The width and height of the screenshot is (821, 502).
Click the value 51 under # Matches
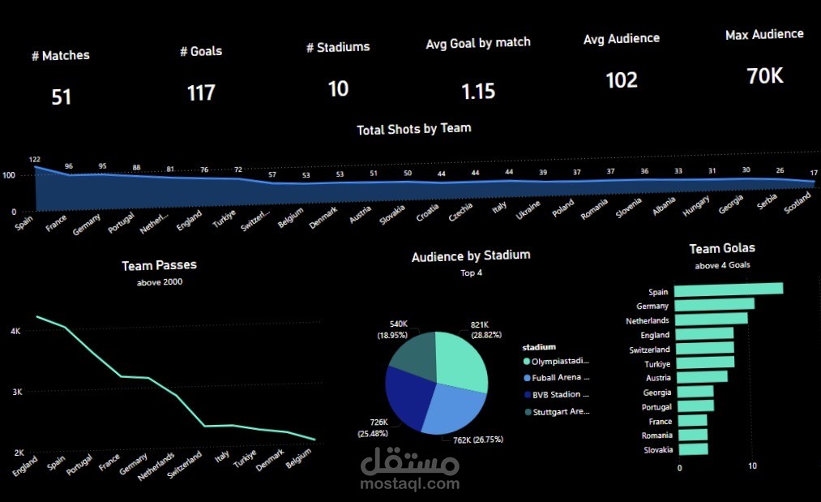click(x=62, y=97)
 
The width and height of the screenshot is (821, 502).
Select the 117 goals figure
click(x=201, y=92)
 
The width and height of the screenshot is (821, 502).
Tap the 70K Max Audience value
click(x=764, y=76)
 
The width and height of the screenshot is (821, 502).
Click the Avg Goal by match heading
click(x=478, y=43)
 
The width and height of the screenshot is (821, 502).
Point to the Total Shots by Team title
click(x=413, y=128)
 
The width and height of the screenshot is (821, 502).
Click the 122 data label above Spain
click(x=34, y=160)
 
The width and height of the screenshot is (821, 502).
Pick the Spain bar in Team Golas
click(x=729, y=289)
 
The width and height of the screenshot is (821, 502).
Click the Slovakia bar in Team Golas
click(x=691, y=449)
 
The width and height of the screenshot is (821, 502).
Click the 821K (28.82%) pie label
click(x=486, y=329)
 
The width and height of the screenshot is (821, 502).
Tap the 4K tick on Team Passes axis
click(x=15, y=332)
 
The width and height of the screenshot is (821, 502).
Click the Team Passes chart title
click(x=159, y=265)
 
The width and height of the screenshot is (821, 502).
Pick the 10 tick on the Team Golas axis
click(x=752, y=467)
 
